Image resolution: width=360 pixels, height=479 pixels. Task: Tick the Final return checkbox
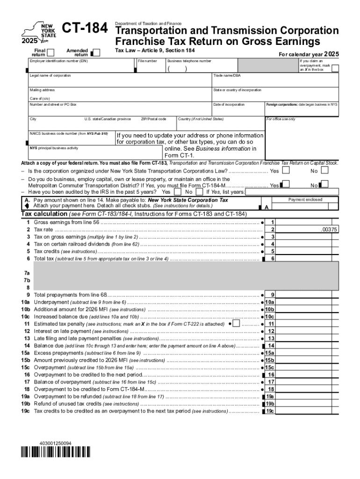pos(51,51)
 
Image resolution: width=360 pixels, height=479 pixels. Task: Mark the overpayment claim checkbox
pos(335,68)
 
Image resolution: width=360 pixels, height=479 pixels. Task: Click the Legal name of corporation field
pos(119,82)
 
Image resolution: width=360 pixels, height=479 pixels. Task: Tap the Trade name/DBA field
pos(274,82)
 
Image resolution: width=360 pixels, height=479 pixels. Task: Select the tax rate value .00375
pos(329,230)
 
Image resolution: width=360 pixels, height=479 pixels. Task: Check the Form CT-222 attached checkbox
pos(236,323)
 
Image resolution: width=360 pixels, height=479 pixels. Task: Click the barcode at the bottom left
pos(56,452)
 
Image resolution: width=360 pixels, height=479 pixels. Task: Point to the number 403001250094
pos(56,443)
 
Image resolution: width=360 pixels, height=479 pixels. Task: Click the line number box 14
pos(270,346)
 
